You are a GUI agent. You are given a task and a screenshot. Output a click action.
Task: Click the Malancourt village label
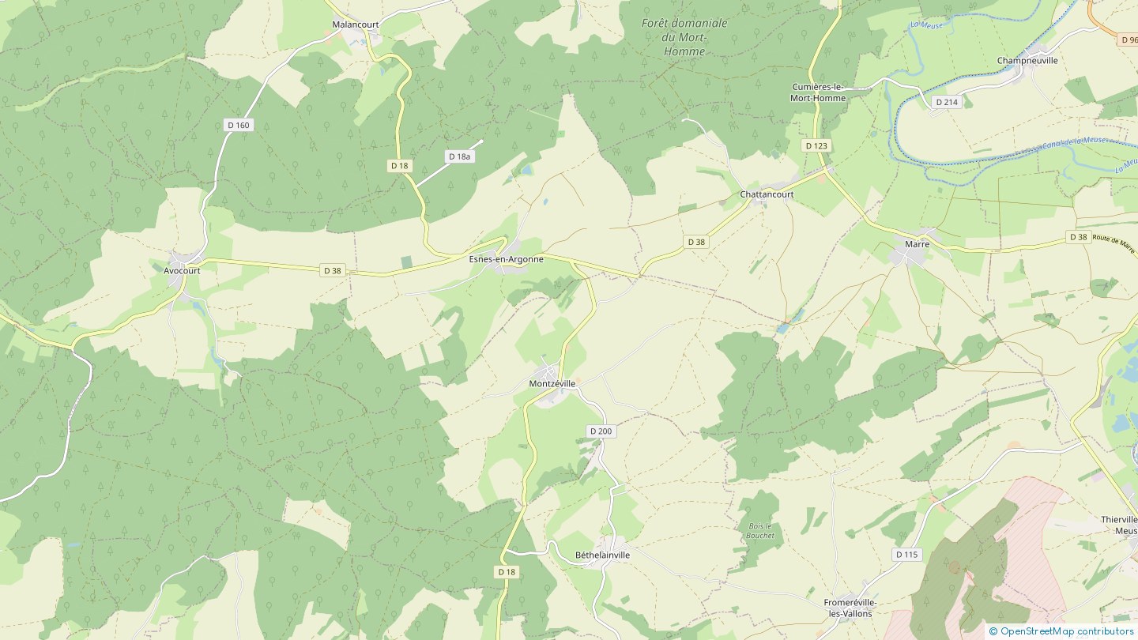tap(355, 24)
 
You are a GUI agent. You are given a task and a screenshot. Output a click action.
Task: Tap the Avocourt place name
tap(182, 270)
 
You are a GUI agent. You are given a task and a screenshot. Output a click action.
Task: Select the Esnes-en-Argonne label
tap(506, 259)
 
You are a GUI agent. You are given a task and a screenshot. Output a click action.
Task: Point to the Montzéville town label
tap(552, 383)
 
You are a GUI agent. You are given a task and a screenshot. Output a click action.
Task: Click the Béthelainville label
tap(602, 555)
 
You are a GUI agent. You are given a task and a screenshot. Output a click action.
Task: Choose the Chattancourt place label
tap(767, 194)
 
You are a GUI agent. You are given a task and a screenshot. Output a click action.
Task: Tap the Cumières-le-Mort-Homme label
tap(818, 92)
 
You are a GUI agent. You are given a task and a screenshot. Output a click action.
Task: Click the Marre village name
tap(917, 244)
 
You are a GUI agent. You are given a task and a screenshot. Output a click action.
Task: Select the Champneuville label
tap(1027, 60)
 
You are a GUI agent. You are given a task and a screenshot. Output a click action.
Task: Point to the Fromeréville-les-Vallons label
tap(850, 608)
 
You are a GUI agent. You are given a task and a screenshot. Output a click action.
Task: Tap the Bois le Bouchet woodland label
tap(760, 530)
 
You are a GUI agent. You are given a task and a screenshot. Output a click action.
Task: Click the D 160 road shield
tap(238, 125)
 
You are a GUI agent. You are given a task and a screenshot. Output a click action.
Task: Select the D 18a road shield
tap(459, 156)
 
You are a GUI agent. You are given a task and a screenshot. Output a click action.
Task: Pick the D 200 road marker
tap(601, 431)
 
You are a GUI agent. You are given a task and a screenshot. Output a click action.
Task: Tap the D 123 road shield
tap(816, 145)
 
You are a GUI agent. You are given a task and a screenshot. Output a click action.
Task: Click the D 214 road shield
tap(946, 102)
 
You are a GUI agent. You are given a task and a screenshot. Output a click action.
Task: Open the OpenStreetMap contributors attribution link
tap(1066, 631)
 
